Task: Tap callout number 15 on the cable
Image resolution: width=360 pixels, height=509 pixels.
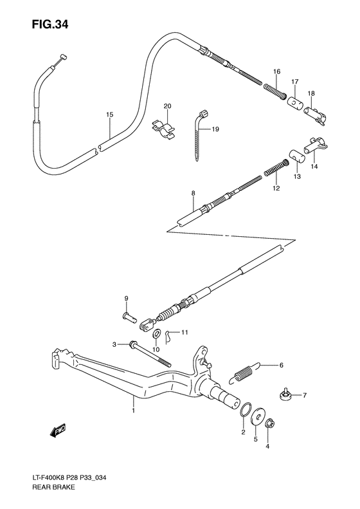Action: tap(109, 115)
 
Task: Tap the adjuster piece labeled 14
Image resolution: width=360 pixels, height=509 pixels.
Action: tap(317, 145)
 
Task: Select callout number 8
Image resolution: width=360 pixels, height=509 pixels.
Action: tap(192, 192)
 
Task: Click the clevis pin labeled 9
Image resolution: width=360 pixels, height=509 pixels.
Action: tap(130, 316)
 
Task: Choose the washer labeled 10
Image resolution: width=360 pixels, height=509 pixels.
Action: tap(156, 333)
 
